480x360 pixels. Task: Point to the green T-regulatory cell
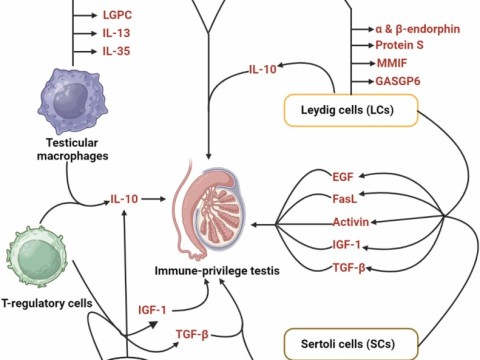[38, 255]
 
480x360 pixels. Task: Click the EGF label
[344, 177]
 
